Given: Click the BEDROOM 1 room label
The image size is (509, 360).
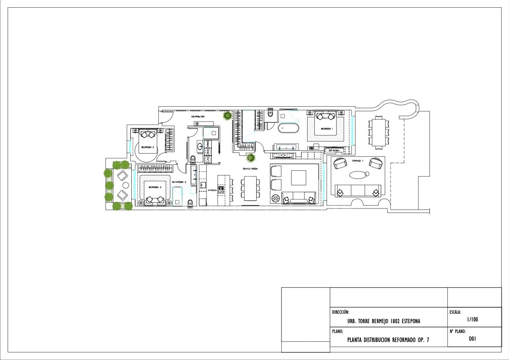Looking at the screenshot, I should [327, 128].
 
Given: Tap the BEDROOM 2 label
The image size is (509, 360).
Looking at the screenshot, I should [148, 147].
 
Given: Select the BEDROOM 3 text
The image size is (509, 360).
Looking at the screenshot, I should [154, 187].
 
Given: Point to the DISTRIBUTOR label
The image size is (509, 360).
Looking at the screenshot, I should [198, 116].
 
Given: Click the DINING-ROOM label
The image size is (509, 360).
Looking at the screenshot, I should [250, 169].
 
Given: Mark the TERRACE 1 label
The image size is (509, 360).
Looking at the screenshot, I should [358, 161].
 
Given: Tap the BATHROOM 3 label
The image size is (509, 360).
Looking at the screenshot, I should [179, 182].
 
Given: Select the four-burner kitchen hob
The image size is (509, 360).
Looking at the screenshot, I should [221, 190].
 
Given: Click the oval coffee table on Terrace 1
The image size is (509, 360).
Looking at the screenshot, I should [358, 174].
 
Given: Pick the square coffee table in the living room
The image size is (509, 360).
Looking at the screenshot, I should [299, 178].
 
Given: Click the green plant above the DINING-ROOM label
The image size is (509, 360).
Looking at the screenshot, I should [251, 158].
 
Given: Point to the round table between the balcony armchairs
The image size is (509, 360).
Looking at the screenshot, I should [126, 185].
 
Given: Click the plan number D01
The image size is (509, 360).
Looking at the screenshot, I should [472, 339].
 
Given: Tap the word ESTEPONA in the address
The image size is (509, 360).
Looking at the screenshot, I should [408, 321].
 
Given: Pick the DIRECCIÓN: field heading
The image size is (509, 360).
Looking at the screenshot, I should [341, 312].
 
